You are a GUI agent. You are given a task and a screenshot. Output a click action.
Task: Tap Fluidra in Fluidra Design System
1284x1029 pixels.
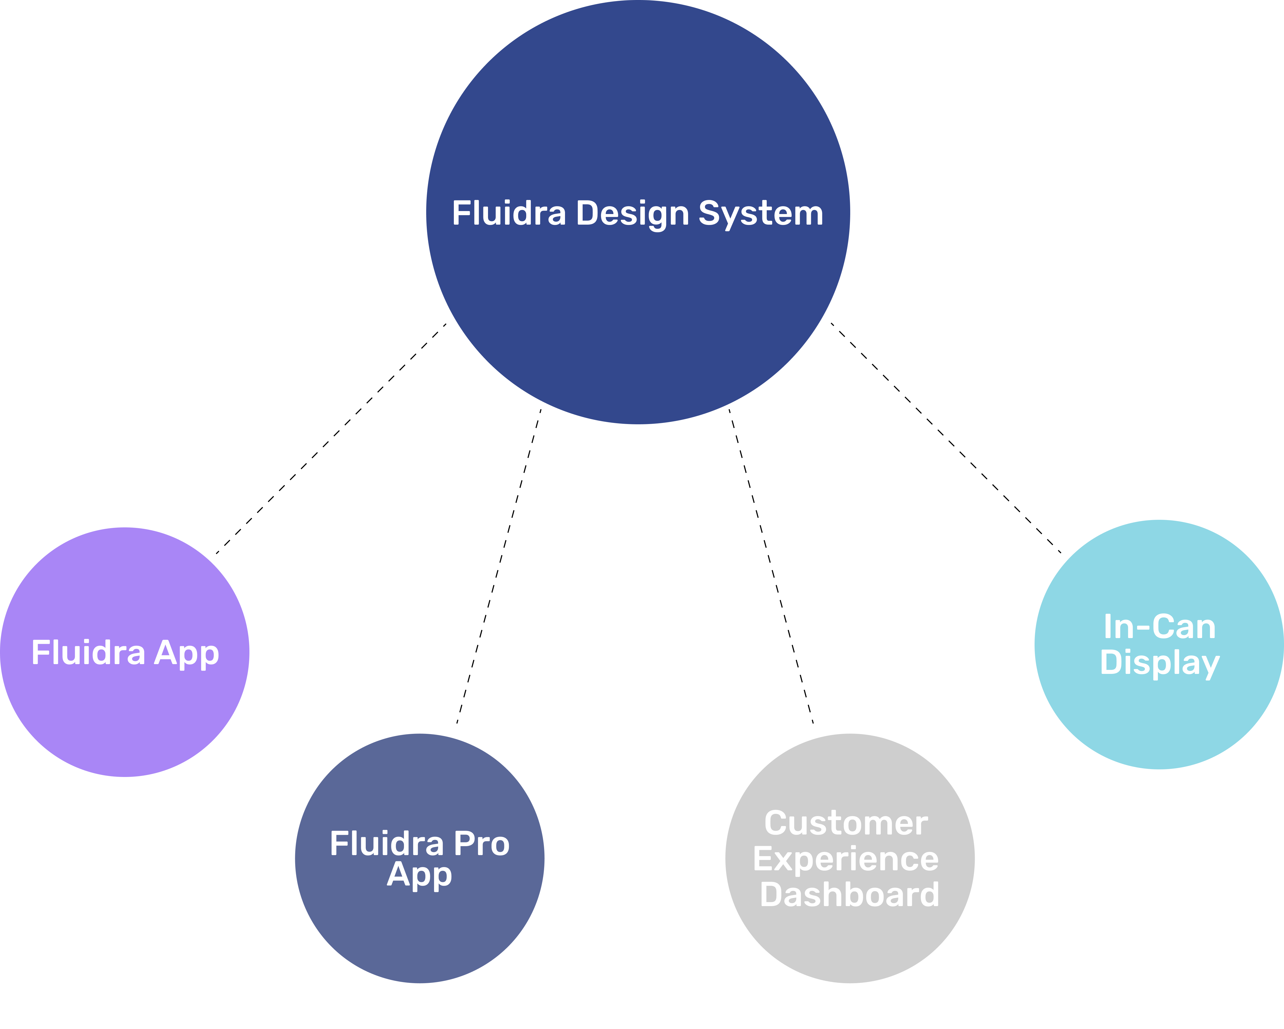coord(509,213)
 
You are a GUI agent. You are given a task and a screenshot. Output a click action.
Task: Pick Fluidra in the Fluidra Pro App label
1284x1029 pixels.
coord(387,844)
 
